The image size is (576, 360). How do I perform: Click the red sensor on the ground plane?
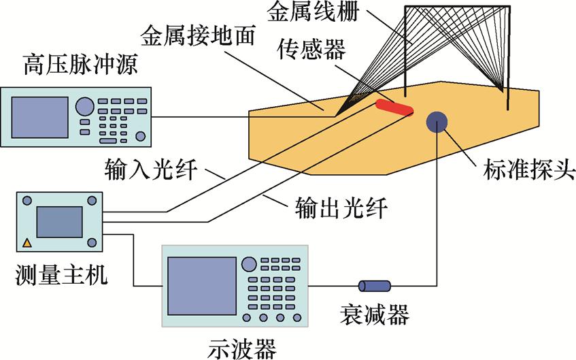(x=394, y=107)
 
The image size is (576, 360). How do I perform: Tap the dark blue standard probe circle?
(x=436, y=122)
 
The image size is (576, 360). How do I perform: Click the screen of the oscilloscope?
(x=198, y=285)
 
